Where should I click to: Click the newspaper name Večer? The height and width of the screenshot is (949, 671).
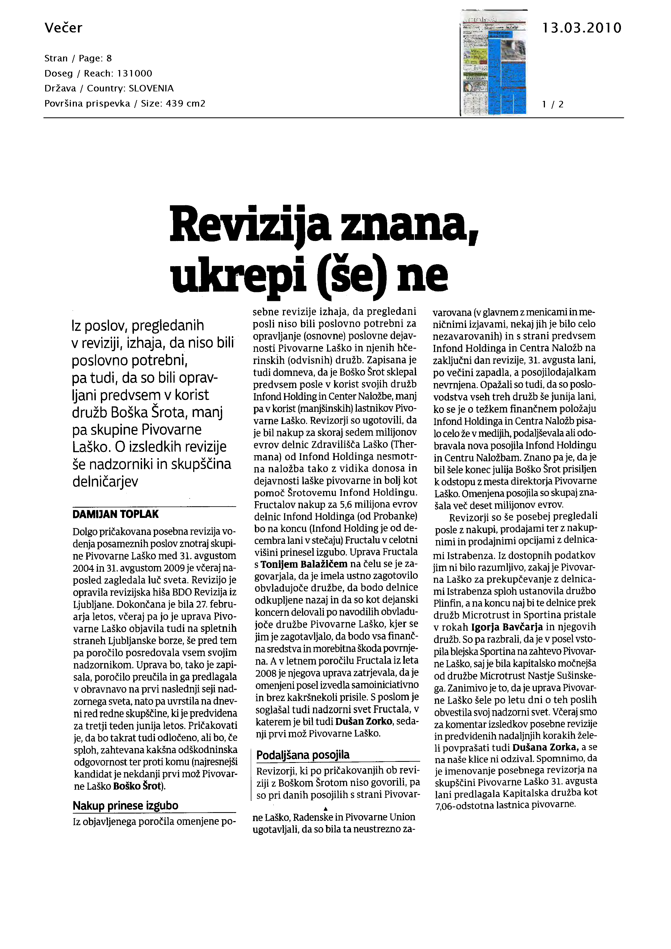click(x=63, y=28)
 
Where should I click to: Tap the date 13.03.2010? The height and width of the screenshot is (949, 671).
click(x=581, y=28)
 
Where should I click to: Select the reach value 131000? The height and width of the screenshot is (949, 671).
click(x=135, y=74)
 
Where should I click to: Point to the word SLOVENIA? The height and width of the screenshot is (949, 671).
click(x=151, y=88)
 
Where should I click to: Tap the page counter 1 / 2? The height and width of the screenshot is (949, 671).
click(x=553, y=104)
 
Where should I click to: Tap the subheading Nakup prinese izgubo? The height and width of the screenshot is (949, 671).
click(x=125, y=806)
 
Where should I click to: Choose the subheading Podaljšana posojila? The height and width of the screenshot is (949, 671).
click(x=303, y=755)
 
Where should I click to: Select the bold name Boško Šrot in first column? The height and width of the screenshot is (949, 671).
click(x=138, y=786)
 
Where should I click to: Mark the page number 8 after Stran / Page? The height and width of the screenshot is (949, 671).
click(x=109, y=58)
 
